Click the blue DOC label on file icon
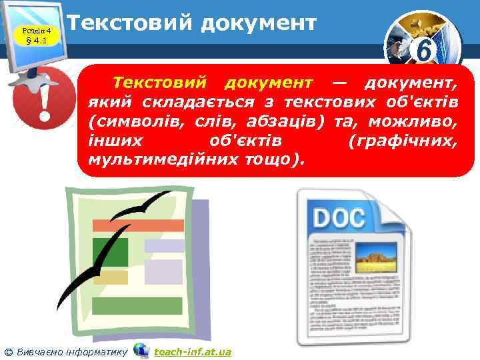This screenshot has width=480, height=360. (340, 217)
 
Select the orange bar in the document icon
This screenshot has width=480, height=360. (137, 225)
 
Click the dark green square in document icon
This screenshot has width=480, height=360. (110, 251)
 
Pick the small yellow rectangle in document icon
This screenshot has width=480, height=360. (111, 277)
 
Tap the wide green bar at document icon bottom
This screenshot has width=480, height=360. (137, 305)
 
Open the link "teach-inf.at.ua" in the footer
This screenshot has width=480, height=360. (192, 351)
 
